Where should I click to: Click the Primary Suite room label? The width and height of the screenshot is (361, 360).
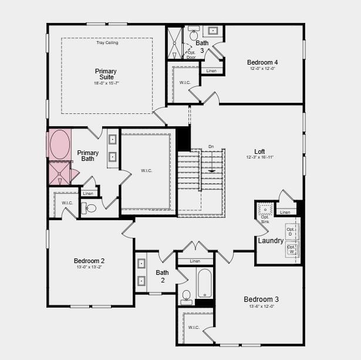click(x=106, y=74)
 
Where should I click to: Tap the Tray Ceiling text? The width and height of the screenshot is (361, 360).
click(x=107, y=43)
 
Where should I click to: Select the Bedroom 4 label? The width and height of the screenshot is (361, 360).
click(x=262, y=62)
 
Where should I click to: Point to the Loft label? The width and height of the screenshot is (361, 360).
click(x=259, y=151)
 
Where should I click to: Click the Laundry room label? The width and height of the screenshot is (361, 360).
click(x=271, y=241)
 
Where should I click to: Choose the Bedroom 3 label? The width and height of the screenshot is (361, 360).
click(x=261, y=300)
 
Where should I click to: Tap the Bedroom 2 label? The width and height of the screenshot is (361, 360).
click(x=89, y=261)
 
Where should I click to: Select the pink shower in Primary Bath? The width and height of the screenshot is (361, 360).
click(x=59, y=173)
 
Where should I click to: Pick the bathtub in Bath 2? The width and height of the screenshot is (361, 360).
click(x=205, y=284)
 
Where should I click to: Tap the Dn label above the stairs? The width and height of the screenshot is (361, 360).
click(x=211, y=147)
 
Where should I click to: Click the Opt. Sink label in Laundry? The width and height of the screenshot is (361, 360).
click(x=265, y=219)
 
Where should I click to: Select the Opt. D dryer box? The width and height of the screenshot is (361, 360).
click(x=291, y=231)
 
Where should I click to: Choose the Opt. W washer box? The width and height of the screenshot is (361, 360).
click(x=291, y=250)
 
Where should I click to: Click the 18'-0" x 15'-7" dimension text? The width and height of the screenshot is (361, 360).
click(x=106, y=83)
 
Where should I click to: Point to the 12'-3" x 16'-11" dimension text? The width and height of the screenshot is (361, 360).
click(x=259, y=157)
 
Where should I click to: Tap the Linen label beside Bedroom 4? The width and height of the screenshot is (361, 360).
click(x=211, y=71)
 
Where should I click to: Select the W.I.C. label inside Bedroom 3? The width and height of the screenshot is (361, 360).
click(x=194, y=327)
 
